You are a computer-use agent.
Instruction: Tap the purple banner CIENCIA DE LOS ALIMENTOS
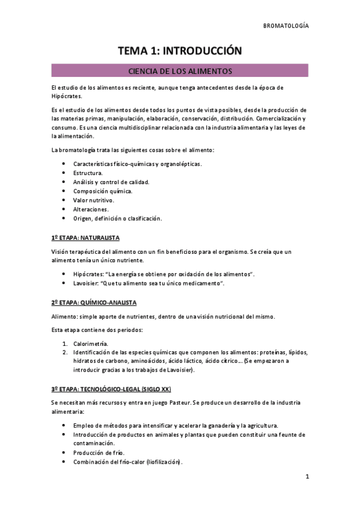click(x=180, y=71)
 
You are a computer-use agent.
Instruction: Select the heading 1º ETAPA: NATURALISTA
click(x=86, y=238)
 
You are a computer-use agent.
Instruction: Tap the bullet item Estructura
click(x=88, y=173)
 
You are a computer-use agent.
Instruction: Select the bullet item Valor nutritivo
click(x=93, y=200)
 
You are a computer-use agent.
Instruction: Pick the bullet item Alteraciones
click(x=91, y=209)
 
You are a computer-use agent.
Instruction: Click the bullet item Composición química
click(x=103, y=191)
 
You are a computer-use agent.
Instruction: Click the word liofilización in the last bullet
click(x=160, y=462)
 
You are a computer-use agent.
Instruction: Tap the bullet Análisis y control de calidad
click(x=111, y=182)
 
